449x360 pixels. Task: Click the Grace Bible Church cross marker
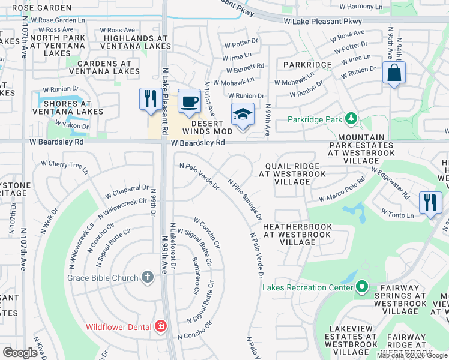(x=148, y=277)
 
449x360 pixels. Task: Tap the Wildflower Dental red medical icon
(x=160, y=326)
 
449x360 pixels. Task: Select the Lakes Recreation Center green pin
(x=361, y=288)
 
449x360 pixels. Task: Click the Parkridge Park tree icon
(x=351, y=118)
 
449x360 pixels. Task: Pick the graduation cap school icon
(x=243, y=114)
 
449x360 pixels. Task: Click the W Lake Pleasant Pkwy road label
(x=322, y=20)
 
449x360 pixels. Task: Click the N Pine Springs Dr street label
(x=245, y=197)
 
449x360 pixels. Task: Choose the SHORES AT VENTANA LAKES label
(x=68, y=108)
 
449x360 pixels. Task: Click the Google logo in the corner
(x=20, y=353)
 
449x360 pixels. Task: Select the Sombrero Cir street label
(x=195, y=275)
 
